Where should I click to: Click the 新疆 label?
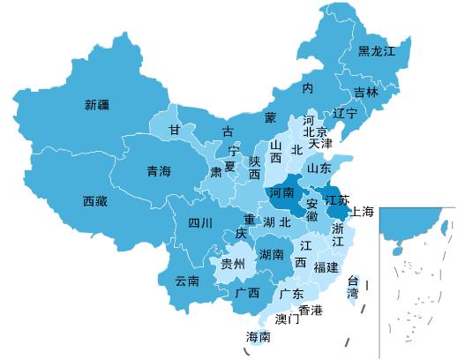click(97, 105)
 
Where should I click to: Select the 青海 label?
click(159, 171)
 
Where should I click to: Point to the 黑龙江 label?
click(377, 51)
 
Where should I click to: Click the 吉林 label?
click(366, 92)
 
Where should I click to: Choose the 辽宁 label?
click(345, 114)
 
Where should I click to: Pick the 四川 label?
click(200, 222)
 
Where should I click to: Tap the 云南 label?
click(187, 281)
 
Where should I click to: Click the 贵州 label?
click(233, 264)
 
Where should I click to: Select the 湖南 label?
click(271, 255)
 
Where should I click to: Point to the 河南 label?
click(281, 191)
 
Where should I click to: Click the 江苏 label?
click(338, 199)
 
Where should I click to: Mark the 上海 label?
click(362, 212)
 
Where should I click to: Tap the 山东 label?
click(319, 168)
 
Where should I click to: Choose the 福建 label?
click(326, 266)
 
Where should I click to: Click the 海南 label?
click(258, 337)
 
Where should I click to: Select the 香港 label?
click(311, 310)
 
